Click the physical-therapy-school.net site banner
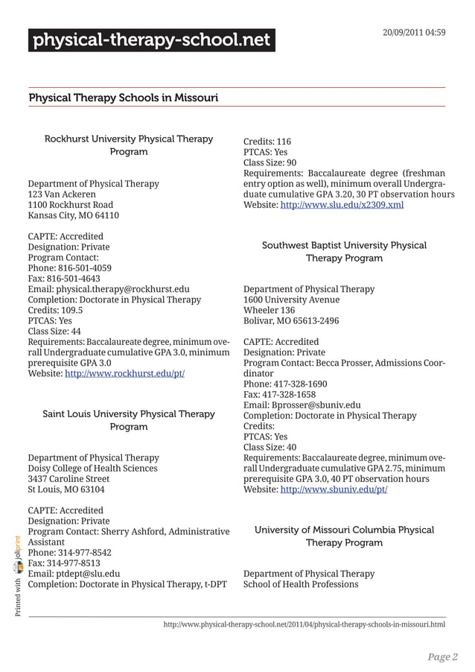point(151,40)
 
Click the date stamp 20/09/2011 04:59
point(414,33)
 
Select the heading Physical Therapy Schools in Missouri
point(123,98)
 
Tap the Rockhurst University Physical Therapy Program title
point(129,145)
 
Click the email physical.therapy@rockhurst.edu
point(108,289)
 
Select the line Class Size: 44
point(54,332)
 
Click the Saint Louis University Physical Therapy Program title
point(129,420)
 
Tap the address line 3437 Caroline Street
point(68,479)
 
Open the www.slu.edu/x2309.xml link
point(342,204)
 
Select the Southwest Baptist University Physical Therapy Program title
point(344,252)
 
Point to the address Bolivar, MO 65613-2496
point(291,321)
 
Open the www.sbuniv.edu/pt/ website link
point(333,489)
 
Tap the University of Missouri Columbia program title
point(344,536)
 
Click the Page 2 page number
point(442,656)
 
